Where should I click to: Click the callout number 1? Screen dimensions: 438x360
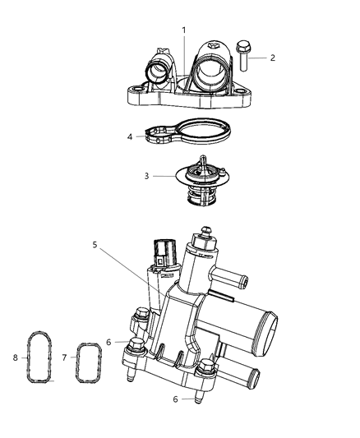tap(183, 30)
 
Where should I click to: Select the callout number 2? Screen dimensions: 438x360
tap(273, 58)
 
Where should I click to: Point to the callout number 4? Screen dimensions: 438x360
tap(129, 136)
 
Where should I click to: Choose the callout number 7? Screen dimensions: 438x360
tap(65, 358)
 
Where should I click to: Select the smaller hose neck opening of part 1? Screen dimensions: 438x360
tap(158, 71)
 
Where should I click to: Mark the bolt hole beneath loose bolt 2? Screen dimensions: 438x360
tap(239, 92)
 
